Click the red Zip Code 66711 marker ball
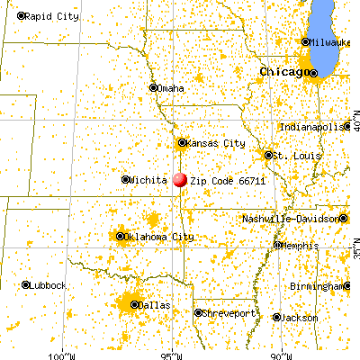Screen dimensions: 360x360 (180, 179)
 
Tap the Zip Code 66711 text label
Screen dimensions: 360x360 (221, 180)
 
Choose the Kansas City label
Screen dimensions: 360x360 (217, 142)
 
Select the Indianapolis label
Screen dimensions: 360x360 (310, 127)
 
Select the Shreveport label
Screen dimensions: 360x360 (221, 313)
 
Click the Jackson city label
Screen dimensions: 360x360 (300, 318)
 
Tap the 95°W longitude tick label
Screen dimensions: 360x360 (175, 352)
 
